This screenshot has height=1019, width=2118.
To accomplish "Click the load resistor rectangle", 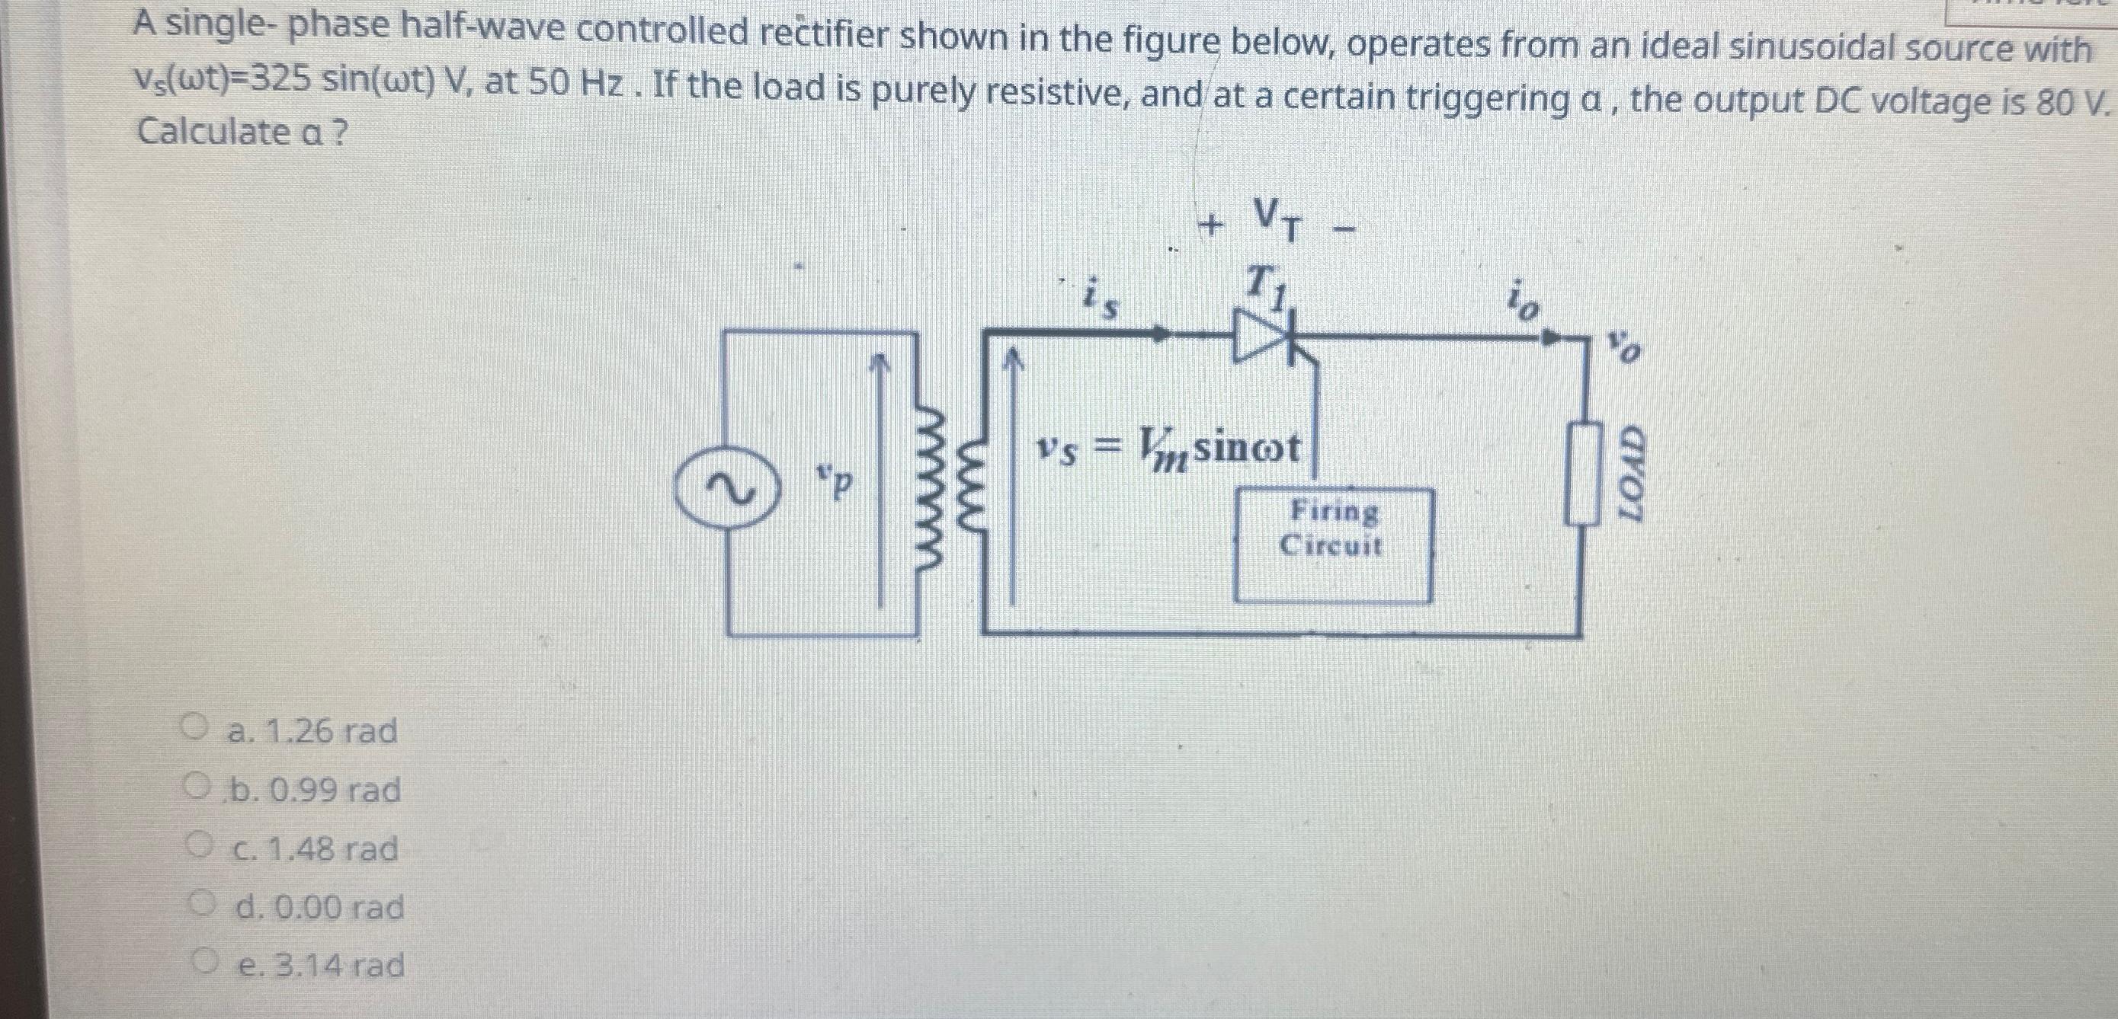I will coord(1584,474).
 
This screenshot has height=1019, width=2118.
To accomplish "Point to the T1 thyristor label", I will coord(1266,288).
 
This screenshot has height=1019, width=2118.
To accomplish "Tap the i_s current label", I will coord(1098,299).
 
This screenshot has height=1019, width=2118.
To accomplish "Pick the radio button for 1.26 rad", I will coord(194,728).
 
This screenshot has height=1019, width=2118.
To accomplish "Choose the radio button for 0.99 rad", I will coord(194,788).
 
